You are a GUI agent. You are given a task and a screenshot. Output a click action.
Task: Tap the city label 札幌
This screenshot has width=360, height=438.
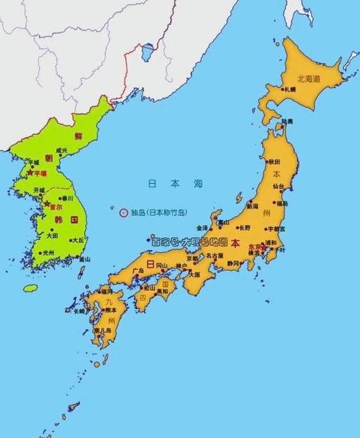pyautogui.click(x=290, y=89)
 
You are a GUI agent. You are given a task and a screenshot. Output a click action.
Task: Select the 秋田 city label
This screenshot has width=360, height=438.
pyautogui.click(x=274, y=161)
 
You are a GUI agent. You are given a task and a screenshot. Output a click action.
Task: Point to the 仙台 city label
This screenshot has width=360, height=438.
pyautogui.click(x=279, y=187)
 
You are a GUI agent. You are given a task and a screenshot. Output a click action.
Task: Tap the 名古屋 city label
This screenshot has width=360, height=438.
pyautogui.click(x=215, y=256)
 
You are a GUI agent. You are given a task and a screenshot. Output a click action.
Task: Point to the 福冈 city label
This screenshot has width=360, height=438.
pyautogui.click(x=107, y=291)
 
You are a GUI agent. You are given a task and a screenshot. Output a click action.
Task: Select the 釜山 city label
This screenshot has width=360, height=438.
pyautogui.click(x=85, y=258)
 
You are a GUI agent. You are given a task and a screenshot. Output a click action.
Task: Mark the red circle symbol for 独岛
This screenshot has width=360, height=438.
pyautogui.click(x=124, y=213)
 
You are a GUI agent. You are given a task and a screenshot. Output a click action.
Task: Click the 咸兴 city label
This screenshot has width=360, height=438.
pyautogui.click(x=62, y=151)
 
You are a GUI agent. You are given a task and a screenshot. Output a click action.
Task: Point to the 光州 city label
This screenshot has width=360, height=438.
pyautogui.click(x=48, y=253)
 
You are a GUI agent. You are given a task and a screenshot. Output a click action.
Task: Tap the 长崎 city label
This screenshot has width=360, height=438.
pyautogui.click(x=79, y=312)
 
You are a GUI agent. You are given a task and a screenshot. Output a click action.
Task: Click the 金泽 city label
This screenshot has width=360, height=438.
pyautogui.click(x=202, y=228)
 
